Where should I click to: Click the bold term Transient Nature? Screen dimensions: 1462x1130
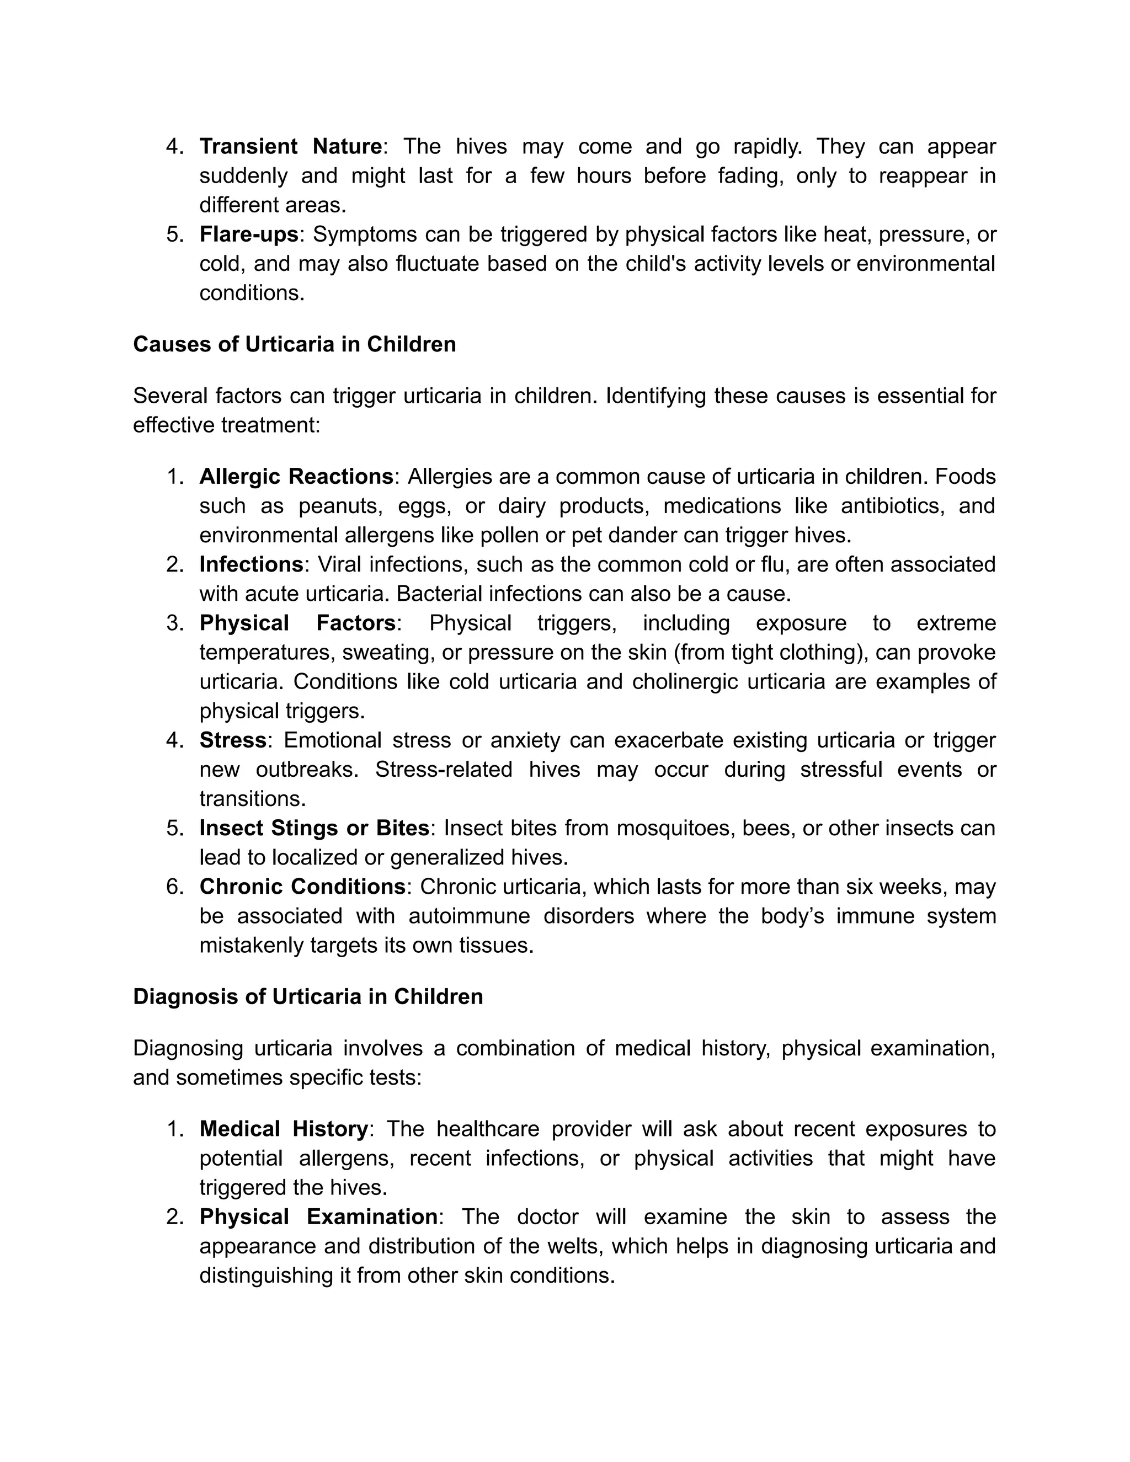[x=291, y=146]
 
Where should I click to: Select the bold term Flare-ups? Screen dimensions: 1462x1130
[x=248, y=234]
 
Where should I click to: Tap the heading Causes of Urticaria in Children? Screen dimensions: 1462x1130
[x=295, y=344]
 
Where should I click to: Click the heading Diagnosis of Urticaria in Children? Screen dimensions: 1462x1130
[x=308, y=997]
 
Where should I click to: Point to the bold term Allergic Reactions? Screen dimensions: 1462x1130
[x=296, y=477]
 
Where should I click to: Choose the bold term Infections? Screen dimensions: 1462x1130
[x=252, y=564]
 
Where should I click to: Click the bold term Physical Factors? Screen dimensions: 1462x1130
[x=298, y=623]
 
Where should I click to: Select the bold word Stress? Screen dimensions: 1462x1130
[x=233, y=740]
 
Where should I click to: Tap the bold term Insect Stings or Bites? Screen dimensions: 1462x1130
[x=314, y=828]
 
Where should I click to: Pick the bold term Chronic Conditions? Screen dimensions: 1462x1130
[x=302, y=887]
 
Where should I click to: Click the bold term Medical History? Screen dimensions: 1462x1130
[x=284, y=1129]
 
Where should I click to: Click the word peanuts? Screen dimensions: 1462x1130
[x=340, y=506]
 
